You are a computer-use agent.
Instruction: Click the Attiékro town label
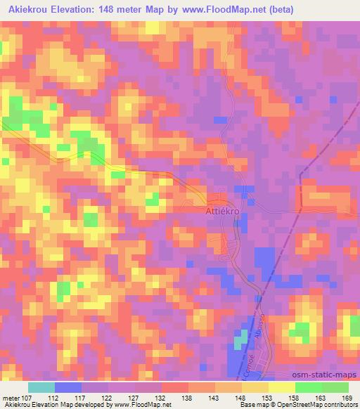coord(223,211)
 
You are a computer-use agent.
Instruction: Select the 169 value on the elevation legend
coord(347,397)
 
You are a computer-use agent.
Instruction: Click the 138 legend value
coord(188,397)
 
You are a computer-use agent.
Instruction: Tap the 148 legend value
coord(240,397)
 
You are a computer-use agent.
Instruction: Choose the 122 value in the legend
coord(108,397)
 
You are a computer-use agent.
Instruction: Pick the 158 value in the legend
coord(295,397)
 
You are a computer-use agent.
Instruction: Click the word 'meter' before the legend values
coord(12,397)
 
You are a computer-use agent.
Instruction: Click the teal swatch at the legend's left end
coord(41,387)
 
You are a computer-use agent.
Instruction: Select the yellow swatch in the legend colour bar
coord(255,387)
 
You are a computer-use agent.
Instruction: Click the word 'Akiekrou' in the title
coord(31,10)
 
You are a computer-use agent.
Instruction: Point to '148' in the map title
coord(124,10)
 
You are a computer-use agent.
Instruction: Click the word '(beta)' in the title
coord(280,10)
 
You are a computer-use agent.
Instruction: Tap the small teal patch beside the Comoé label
coord(240,341)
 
